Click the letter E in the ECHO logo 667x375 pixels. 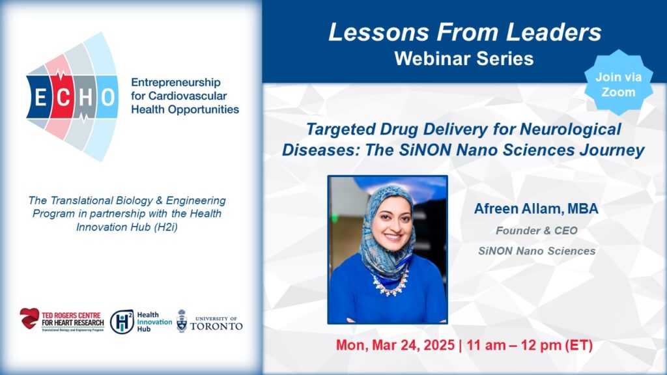[40, 98]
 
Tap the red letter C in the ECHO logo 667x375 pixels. [63, 98]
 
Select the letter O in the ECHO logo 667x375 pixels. [108, 98]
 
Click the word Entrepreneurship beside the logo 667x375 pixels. [176, 83]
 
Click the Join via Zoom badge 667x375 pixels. [619, 83]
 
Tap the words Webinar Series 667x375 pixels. [464, 59]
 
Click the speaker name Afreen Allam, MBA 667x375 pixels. [537, 208]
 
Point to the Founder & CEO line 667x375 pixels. [537, 230]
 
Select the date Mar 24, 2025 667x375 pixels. [413, 345]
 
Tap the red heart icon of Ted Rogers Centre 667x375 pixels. [29, 318]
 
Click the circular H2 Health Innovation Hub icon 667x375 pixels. [122, 322]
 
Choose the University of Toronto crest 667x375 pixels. [182, 321]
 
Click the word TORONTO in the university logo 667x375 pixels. [216, 326]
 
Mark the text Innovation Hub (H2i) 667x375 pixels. [127, 227]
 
